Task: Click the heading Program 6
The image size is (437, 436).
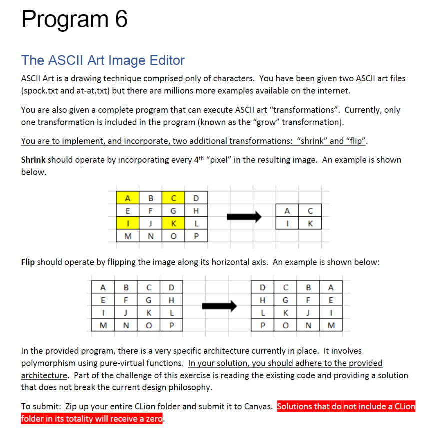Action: point(75,20)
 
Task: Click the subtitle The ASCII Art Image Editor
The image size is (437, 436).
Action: point(103,60)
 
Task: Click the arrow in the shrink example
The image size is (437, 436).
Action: point(244,216)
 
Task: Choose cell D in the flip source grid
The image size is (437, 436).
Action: point(172,287)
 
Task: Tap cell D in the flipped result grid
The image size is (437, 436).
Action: point(263,287)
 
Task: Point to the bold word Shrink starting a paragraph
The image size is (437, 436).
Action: point(34,160)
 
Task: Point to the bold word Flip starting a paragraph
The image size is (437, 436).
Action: point(28,262)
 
